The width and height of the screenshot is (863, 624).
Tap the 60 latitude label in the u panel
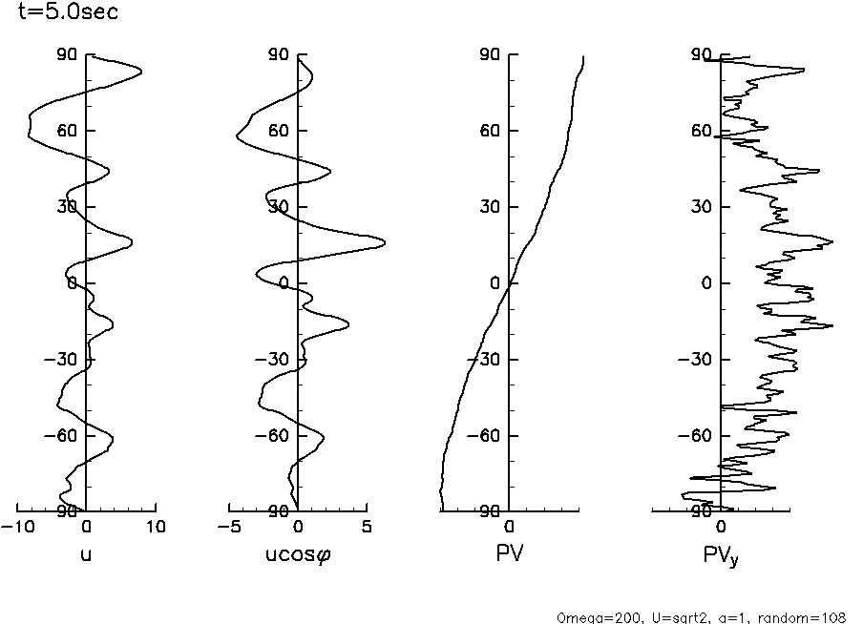(x=67, y=131)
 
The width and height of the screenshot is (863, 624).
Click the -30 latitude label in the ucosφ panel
(x=275, y=360)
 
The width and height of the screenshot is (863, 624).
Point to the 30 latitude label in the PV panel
(x=491, y=207)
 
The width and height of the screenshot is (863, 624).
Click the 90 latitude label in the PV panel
(x=491, y=55)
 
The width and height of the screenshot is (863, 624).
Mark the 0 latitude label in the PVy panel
(x=706, y=283)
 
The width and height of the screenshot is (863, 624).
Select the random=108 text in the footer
(x=810, y=617)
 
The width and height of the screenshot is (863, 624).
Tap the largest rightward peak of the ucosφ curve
(x=385, y=243)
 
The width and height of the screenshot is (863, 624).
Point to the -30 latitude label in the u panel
(x=63, y=360)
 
